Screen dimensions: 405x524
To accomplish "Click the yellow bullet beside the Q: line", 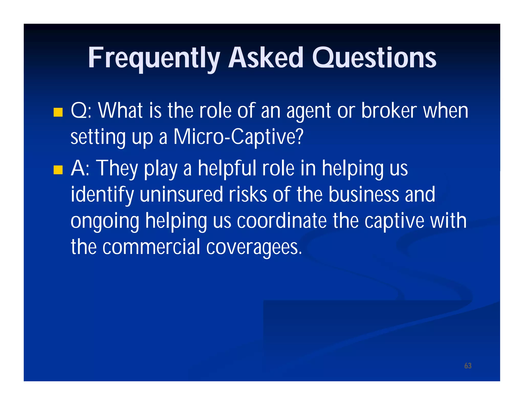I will (58, 112).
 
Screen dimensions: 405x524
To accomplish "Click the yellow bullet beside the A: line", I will (58, 170).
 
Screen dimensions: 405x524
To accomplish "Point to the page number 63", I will (468, 366).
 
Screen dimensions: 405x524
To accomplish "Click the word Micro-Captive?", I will (238, 137).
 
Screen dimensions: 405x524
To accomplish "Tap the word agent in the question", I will (309, 112).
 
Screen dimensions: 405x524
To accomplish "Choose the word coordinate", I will (282, 221).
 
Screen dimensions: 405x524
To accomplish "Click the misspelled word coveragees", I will (254, 247).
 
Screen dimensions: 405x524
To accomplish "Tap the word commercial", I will (151, 247).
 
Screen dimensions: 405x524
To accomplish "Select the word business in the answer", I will (363, 195).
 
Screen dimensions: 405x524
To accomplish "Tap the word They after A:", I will (117, 169).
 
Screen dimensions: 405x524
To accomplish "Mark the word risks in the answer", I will (248, 195).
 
